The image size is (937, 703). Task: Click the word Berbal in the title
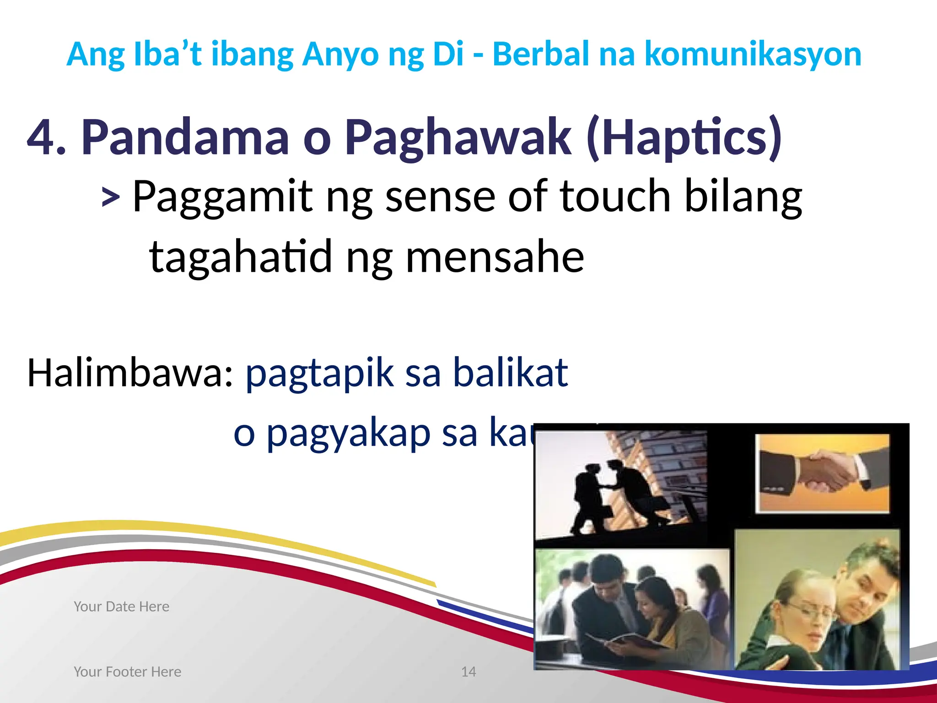coord(540,54)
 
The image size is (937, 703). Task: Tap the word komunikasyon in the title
coord(753,54)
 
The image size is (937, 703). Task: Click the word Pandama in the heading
coord(185,137)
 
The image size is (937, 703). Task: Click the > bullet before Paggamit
coord(110,198)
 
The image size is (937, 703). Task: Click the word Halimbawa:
coord(130,373)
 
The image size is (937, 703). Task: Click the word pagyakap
coord(348,434)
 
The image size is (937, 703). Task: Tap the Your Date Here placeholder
coord(121,606)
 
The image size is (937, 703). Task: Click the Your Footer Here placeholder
coord(127,671)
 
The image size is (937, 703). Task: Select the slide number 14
coord(468,671)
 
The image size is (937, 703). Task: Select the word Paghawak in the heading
coord(458,137)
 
